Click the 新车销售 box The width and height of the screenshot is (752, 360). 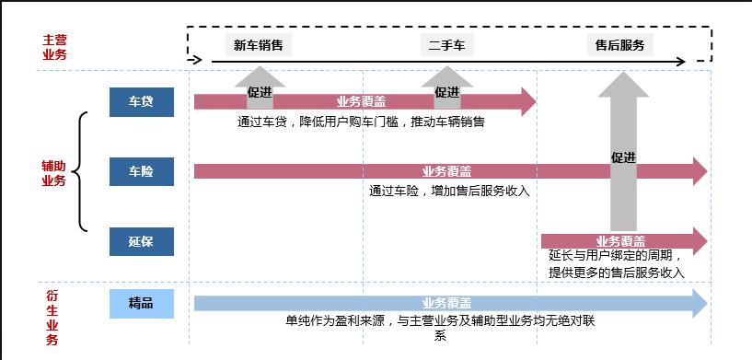point(258,44)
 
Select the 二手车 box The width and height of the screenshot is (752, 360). point(447,44)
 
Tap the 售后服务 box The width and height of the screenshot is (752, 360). point(619,44)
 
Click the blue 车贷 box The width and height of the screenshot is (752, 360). point(142,101)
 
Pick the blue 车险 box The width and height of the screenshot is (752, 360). point(142,171)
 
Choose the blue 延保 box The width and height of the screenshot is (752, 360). point(142,242)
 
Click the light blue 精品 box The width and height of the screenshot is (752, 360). point(142,303)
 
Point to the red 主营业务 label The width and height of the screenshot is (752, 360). point(54,47)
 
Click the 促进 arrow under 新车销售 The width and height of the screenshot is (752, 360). point(260,88)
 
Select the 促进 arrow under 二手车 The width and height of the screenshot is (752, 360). point(447,88)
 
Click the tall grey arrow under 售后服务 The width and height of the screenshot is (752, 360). point(624,157)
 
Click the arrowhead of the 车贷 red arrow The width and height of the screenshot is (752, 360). point(527,101)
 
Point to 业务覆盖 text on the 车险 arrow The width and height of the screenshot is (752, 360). point(446,171)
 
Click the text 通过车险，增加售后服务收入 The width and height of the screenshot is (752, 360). point(449,192)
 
